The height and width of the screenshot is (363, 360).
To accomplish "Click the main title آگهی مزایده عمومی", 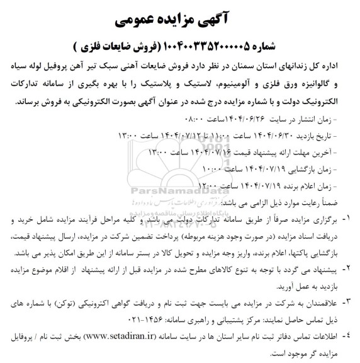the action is point(180,20).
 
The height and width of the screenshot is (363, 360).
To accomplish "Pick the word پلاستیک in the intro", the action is point(174,82).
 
